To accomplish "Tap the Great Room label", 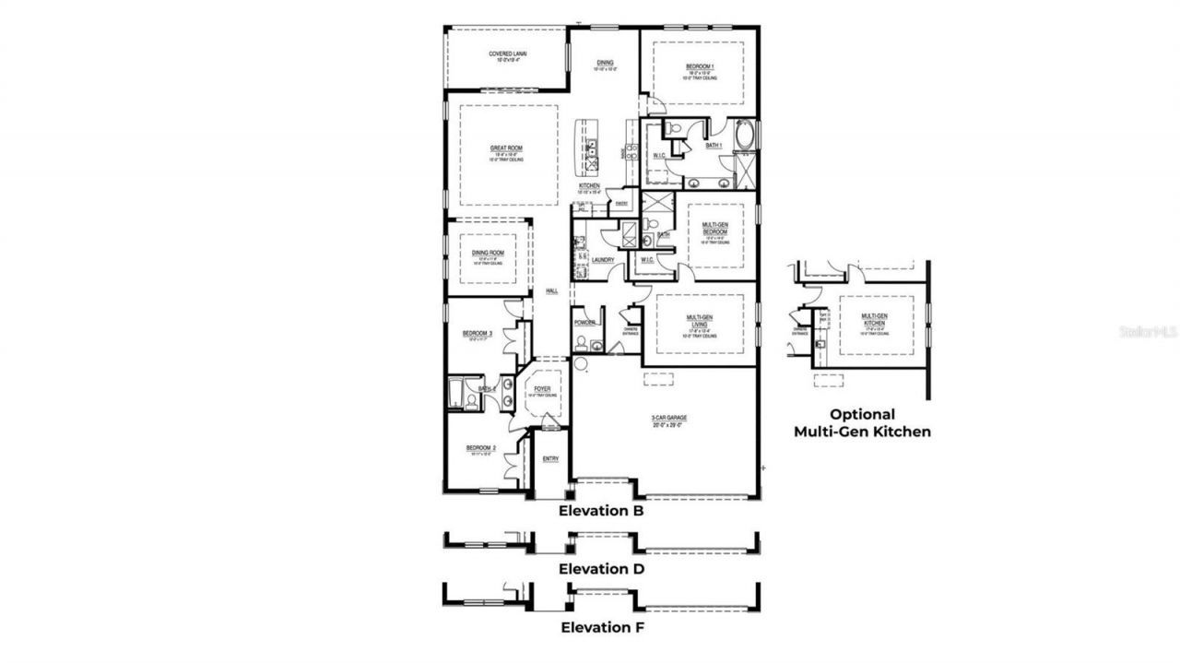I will tap(506, 148).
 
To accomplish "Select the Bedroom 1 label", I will tap(700, 66).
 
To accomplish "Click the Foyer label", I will tap(543, 389).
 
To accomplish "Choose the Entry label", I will tap(550, 458).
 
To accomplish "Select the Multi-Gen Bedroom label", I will tap(716, 228).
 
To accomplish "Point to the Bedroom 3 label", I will tap(478, 333).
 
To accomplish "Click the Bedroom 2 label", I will tap(481, 448).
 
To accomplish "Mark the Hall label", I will tap(551, 291).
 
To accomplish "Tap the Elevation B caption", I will tap(600, 510).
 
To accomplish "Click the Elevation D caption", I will tap(600, 569).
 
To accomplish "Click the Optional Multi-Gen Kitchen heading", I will tap(862, 423).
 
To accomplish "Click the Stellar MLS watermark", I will tap(1147, 331).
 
